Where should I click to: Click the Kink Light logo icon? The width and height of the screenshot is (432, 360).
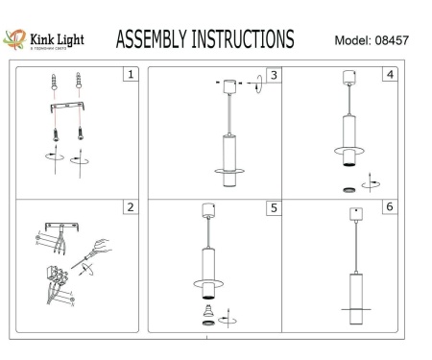tap(14, 39)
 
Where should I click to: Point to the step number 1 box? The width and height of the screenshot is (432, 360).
tap(132, 74)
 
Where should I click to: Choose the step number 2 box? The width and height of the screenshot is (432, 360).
tap(132, 206)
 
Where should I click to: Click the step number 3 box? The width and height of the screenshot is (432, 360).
tap(274, 75)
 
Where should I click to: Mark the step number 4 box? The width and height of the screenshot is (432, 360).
tap(388, 74)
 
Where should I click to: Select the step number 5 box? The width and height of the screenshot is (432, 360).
tap(274, 206)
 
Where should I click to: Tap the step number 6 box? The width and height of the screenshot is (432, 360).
tap(388, 206)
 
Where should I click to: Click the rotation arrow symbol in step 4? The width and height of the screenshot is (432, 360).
tap(372, 180)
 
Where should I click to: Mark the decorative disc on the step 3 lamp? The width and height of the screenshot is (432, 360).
tap(231, 172)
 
